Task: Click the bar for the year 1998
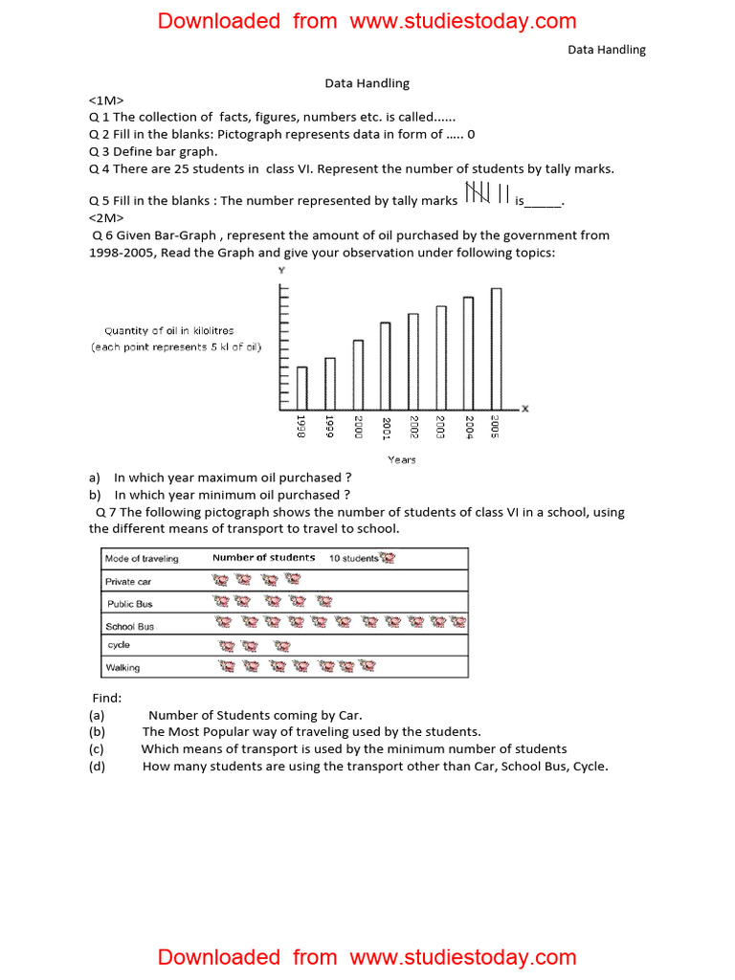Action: click(301, 388)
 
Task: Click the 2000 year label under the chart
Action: click(358, 428)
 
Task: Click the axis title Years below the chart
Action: click(401, 460)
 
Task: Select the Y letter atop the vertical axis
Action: click(280, 271)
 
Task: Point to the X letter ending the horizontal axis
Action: click(524, 409)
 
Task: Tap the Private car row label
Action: click(128, 582)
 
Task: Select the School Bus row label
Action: click(130, 627)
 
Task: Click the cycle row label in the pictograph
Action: click(119, 645)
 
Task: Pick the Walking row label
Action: click(122, 668)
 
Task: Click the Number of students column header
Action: click(263, 558)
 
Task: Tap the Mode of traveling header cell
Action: click(142, 559)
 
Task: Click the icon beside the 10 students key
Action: click(387, 558)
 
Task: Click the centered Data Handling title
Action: click(367, 83)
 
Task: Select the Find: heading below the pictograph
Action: click(106, 699)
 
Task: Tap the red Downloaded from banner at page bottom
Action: click(367, 957)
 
